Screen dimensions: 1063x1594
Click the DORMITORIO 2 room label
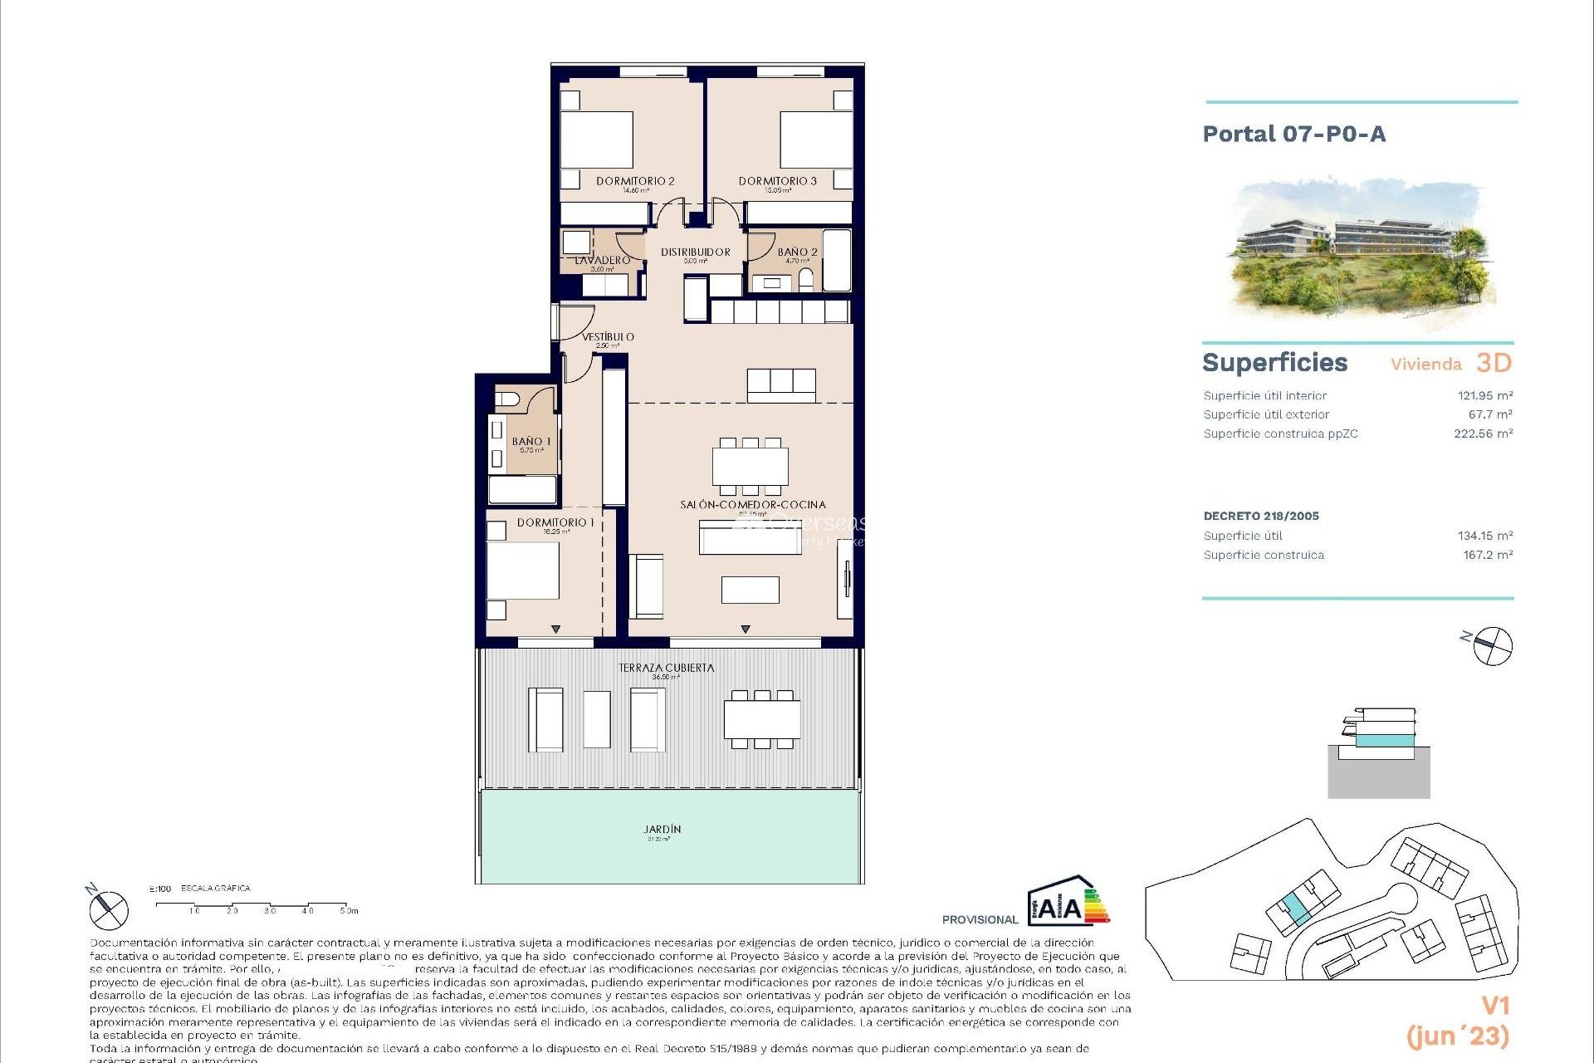pyautogui.click(x=635, y=181)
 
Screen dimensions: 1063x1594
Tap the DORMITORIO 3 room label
pyautogui.click(x=777, y=181)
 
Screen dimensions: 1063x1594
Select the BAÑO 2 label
pyautogui.click(x=797, y=252)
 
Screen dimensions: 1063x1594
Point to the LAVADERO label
pyautogui.click(x=603, y=260)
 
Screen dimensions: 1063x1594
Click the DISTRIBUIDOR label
pyautogui.click(x=696, y=252)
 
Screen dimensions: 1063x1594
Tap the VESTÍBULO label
pyautogui.click(x=608, y=336)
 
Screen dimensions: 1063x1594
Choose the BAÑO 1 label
pyautogui.click(x=531, y=442)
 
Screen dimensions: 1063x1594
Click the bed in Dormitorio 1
pyautogui.click(x=522, y=571)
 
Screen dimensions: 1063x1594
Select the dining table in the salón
pyautogui.click(x=751, y=467)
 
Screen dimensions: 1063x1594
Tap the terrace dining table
pyautogui.click(x=761, y=720)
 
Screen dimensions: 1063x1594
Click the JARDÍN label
pyautogui.click(x=662, y=829)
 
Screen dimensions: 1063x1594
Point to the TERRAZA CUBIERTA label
pyautogui.click(x=666, y=668)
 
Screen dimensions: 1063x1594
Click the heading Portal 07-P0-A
pyautogui.click(x=1293, y=135)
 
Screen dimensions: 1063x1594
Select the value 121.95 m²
pyautogui.click(x=1484, y=396)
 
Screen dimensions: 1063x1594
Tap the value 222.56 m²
pyautogui.click(x=1483, y=434)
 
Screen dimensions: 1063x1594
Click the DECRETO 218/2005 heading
pyautogui.click(x=1260, y=516)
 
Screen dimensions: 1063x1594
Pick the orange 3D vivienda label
pyautogui.click(x=1494, y=363)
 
